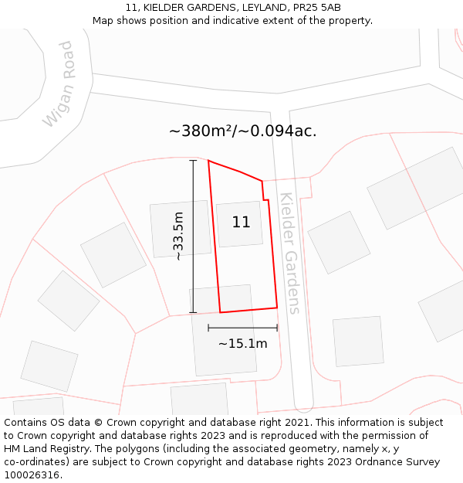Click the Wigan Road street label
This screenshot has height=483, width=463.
pyautogui.click(x=59, y=84)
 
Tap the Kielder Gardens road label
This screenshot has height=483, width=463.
pyautogui.click(x=289, y=253)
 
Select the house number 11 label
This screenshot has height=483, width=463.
pyautogui.click(x=241, y=223)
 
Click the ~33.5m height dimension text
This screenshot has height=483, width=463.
pyautogui.click(x=179, y=236)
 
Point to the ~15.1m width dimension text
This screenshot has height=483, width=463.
pyautogui.click(x=242, y=344)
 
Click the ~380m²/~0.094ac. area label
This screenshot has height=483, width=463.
pyautogui.click(x=242, y=131)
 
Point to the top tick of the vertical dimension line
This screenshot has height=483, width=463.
pyautogui.click(x=193, y=161)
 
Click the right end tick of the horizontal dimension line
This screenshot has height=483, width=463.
pyautogui.click(x=277, y=328)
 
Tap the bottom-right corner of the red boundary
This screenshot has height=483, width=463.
pyautogui.click(x=277, y=308)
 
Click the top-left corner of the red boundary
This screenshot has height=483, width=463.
pyautogui.click(x=208, y=162)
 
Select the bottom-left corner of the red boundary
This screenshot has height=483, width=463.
pyautogui.click(x=221, y=312)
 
